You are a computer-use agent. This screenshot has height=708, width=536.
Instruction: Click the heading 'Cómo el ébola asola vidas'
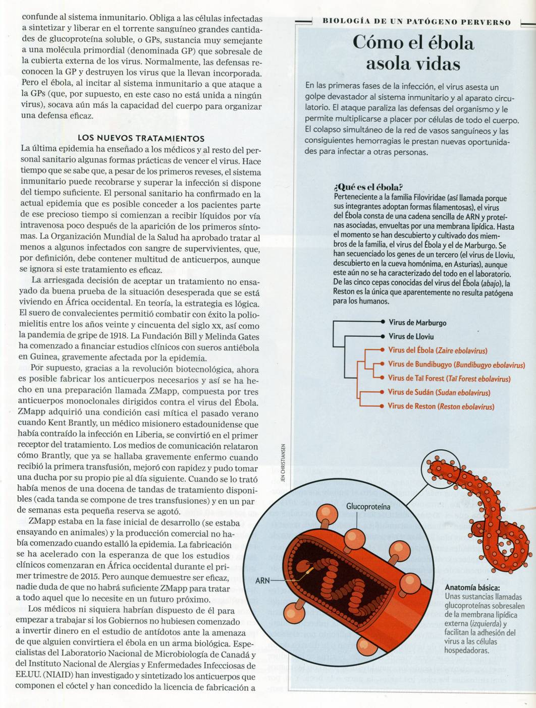pyautogui.click(x=413, y=53)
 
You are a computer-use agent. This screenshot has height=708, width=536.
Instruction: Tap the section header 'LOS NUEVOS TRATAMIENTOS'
pyautogui.click(x=141, y=138)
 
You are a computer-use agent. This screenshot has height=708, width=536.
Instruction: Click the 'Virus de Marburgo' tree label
pyautogui.click(x=417, y=323)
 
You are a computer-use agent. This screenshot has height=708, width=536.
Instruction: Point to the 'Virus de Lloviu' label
pyautogui.click(x=411, y=336)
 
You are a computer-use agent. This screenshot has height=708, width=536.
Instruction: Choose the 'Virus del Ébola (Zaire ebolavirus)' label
pyautogui.click(x=438, y=350)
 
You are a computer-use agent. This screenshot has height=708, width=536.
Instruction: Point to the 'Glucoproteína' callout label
pyautogui.click(x=368, y=506)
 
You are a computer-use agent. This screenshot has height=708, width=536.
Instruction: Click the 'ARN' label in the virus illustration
pyautogui.click(x=262, y=581)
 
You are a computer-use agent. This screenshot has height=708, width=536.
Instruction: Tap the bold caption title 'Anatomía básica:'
pyautogui.click(x=472, y=587)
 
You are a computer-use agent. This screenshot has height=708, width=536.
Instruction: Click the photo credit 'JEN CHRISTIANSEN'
pyautogui.click(x=284, y=462)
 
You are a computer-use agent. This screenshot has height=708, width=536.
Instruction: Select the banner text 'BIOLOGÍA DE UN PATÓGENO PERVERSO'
pyautogui.click(x=416, y=22)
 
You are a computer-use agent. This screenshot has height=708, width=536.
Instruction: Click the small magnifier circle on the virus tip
pyautogui.click(x=440, y=469)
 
